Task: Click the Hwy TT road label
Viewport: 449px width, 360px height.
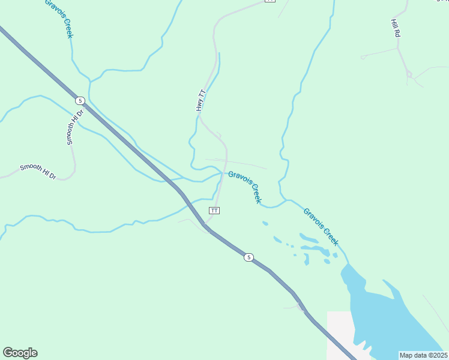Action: pos(201,100)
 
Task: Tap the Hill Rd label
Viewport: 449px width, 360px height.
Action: pos(395,28)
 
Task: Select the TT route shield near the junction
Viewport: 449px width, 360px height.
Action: pos(214,211)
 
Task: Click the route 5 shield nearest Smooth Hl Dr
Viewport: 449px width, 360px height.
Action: pos(80,100)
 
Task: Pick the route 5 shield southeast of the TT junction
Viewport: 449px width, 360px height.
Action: pos(249,257)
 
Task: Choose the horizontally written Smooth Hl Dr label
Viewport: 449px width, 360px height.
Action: pos(37,171)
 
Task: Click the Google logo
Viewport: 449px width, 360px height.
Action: pos(20,353)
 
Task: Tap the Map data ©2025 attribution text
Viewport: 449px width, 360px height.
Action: pos(423,355)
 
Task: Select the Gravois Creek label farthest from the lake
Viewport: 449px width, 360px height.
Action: pos(59,18)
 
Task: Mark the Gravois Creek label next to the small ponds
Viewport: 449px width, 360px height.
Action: pos(321,227)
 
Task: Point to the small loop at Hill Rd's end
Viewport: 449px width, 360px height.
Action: pos(409,74)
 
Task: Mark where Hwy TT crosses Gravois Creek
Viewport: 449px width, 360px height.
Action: pos(223,173)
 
